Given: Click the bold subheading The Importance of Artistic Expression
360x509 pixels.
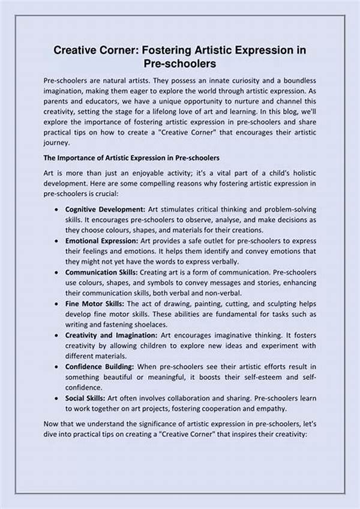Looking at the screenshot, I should click(131, 158).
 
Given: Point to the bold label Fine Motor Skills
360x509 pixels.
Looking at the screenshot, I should click(92, 304).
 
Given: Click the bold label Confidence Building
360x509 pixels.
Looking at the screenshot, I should click(100, 367).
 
